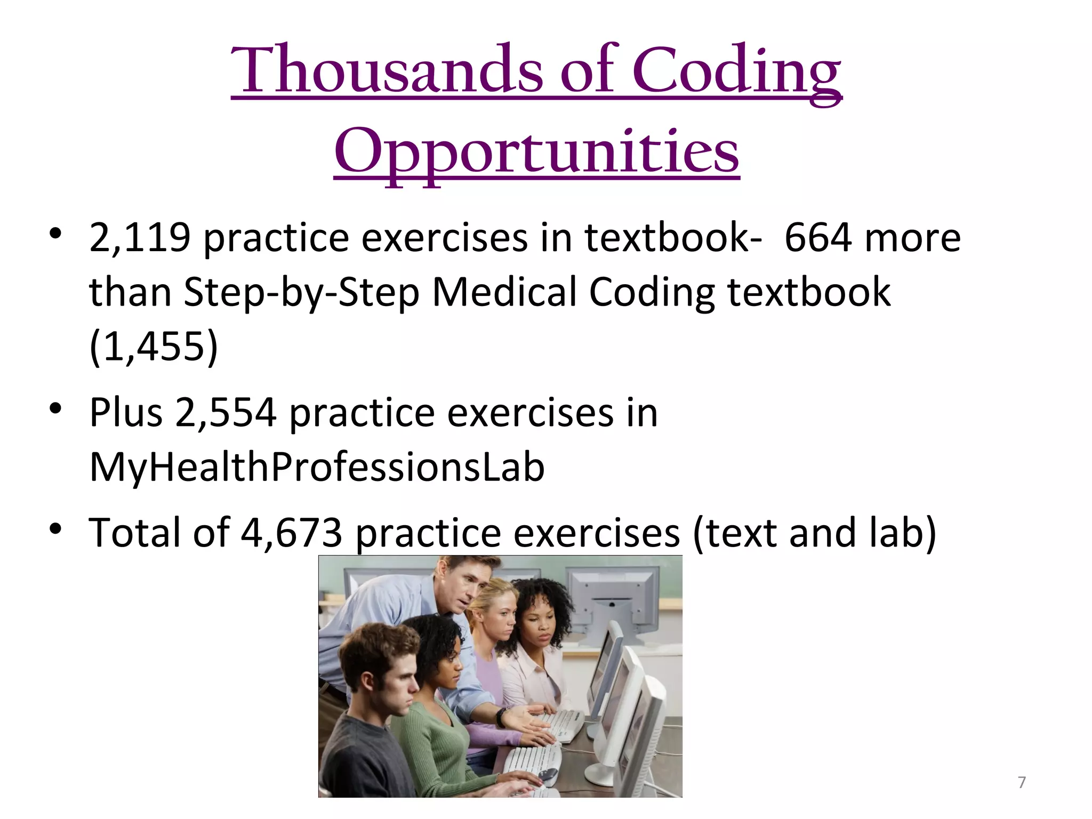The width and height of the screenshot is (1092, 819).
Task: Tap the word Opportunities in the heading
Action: pos(536,151)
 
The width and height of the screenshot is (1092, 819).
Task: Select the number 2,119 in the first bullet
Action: pos(140,237)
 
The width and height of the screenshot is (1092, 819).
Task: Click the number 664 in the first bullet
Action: pos(818,237)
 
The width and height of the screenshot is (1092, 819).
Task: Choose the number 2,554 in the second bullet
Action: pos(226,412)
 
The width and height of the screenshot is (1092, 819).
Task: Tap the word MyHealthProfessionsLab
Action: pos(317,467)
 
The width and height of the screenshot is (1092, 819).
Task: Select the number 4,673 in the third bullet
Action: pos(291,533)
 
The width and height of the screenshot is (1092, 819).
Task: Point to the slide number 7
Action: pos(1022,782)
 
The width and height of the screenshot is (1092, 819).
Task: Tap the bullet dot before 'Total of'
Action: pos(55,529)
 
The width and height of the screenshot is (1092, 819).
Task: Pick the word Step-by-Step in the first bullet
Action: pos(302,292)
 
